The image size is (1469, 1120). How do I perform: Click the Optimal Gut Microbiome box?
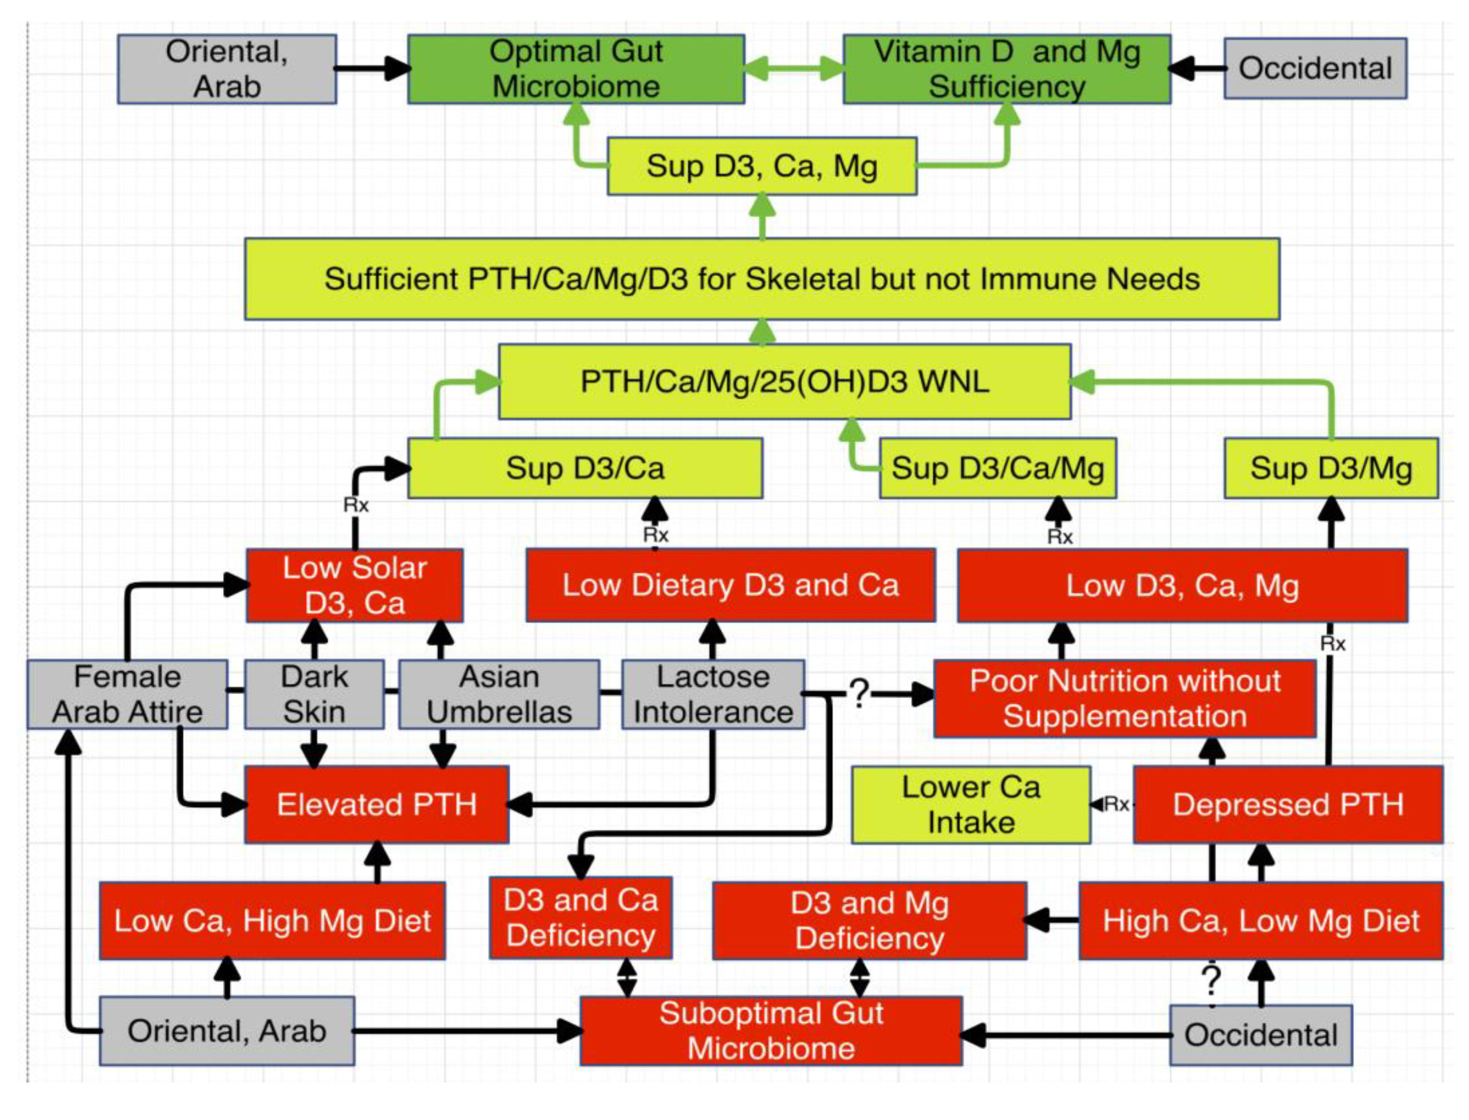[x=576, y=69]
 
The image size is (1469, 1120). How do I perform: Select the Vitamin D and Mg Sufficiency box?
[x=1007, y=69]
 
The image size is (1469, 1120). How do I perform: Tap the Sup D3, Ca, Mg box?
[x=762, y=166]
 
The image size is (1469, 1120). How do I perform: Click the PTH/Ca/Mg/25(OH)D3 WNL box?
[x=784, y=382]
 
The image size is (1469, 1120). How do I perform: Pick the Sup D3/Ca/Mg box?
[x=998, y=468]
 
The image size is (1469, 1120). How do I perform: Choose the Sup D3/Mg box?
[x=1331, y=468]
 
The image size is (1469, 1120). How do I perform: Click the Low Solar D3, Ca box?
[x=355, y=585]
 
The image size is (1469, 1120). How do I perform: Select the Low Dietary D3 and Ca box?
[x=730, y=585]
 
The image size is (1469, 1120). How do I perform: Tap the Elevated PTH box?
[x=376, y=804]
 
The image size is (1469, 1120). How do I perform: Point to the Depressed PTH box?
[x=1287, y=804]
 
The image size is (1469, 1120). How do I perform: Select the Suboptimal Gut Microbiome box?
[x=771, y=1031]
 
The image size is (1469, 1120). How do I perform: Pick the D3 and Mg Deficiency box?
[x=869, y=921]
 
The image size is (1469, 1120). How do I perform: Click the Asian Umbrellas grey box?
[x=499, y=694]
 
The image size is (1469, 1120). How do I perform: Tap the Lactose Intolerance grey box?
[x=713, y=694]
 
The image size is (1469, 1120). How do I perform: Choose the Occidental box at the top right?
[x=1315, y=69]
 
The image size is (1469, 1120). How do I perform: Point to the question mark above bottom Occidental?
[x=1211, y=981]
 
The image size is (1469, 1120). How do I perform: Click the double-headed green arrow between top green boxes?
[x=794, y=69]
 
